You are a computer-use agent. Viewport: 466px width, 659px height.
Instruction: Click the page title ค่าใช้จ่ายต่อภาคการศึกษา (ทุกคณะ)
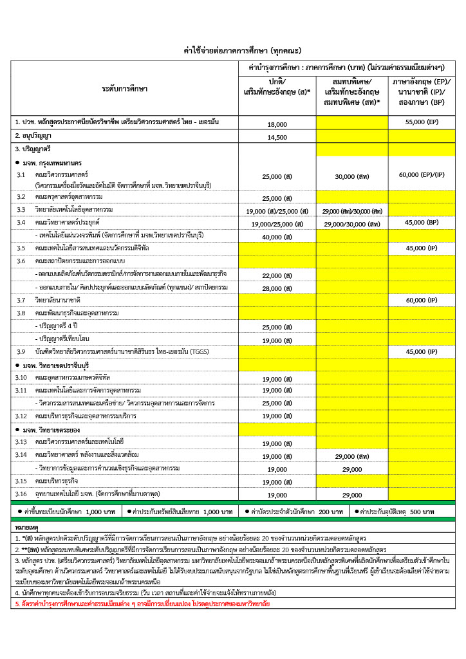[x=234, y=50]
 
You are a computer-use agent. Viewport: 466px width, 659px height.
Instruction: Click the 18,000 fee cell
[x=277, y=124]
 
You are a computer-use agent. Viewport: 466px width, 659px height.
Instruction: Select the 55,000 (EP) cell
[x=422, y=122]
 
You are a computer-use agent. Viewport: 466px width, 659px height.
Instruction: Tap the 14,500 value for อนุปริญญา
[x=277, y=137]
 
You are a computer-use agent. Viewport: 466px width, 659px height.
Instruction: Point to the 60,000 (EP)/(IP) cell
[x=422, y=174]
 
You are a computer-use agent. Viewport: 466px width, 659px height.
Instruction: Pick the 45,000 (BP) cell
[x=422, y=223]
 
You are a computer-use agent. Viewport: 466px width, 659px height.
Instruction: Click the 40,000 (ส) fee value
[x=277, y=236]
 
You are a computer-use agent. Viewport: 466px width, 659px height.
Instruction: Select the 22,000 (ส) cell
[x=277, y=275]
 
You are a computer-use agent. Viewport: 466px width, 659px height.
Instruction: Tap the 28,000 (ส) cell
[x=277, y=288]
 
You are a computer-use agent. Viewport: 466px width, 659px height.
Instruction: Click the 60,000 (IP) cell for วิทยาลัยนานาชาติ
[x=422, y=300]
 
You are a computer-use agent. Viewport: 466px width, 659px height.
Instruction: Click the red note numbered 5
[x=142, y=604]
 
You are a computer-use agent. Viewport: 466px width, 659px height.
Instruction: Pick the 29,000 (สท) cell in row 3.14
[x=352, y=456]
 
